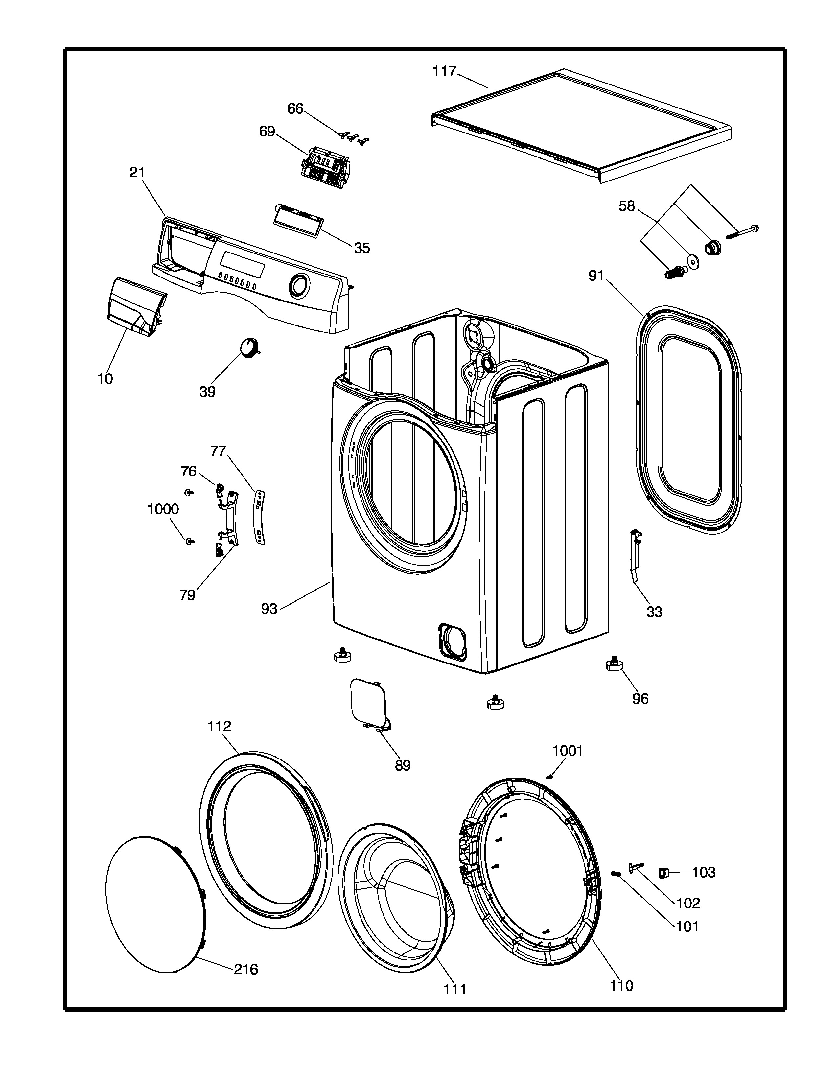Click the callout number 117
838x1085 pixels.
tap(444, 72)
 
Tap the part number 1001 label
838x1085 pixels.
tap(568, 751)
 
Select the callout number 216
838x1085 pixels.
tap(246, 969)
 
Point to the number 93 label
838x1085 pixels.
tap(269, 609)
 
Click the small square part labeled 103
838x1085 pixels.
tap(663, 872)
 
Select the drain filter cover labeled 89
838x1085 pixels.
tap(370, 706)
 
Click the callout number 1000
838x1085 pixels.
tap(163, 509)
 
